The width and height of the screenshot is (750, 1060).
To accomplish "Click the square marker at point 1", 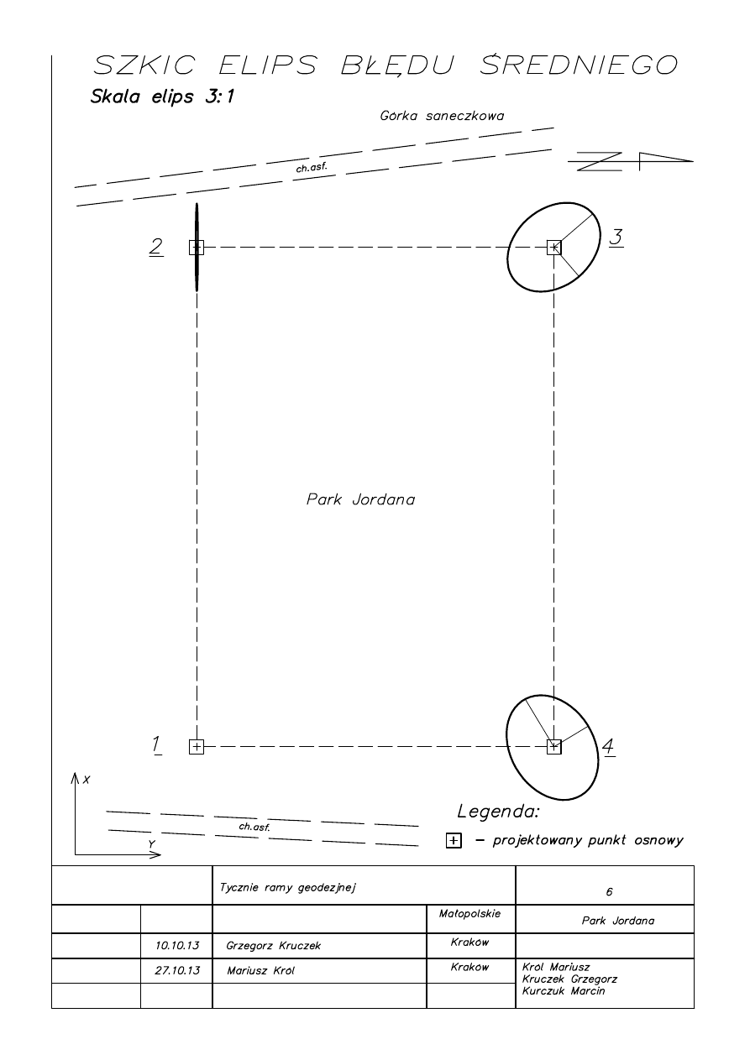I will [x=197, y=746].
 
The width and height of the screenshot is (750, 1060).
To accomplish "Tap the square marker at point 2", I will [x=197, y=247].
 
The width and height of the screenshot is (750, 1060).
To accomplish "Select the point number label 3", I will [x=616, y=238].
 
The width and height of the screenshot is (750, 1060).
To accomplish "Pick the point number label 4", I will [x=609, y=746].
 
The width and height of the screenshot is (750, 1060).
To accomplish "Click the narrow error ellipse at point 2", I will [x=197, y=218].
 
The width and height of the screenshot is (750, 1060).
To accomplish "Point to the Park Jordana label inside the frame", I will [x=360, y=499].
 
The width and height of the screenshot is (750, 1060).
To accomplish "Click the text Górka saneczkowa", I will [x=442, y=116].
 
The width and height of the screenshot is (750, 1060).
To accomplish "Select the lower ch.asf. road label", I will [x=254, y=827].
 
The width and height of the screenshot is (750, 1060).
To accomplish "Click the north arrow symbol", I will [x=632, y=160].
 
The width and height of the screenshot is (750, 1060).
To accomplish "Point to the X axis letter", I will [x=87, y=780].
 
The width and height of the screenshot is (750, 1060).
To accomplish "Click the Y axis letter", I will [x=151, y=843].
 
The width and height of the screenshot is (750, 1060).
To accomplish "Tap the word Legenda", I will [x=497, y=812].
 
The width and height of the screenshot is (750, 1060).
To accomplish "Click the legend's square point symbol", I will [x=454, y=841].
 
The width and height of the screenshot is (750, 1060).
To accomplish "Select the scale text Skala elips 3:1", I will [x=162, y=97].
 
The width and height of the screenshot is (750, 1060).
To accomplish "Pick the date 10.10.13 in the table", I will [x=177, y=945].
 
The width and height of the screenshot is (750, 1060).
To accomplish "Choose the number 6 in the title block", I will [x=609, y=891].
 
